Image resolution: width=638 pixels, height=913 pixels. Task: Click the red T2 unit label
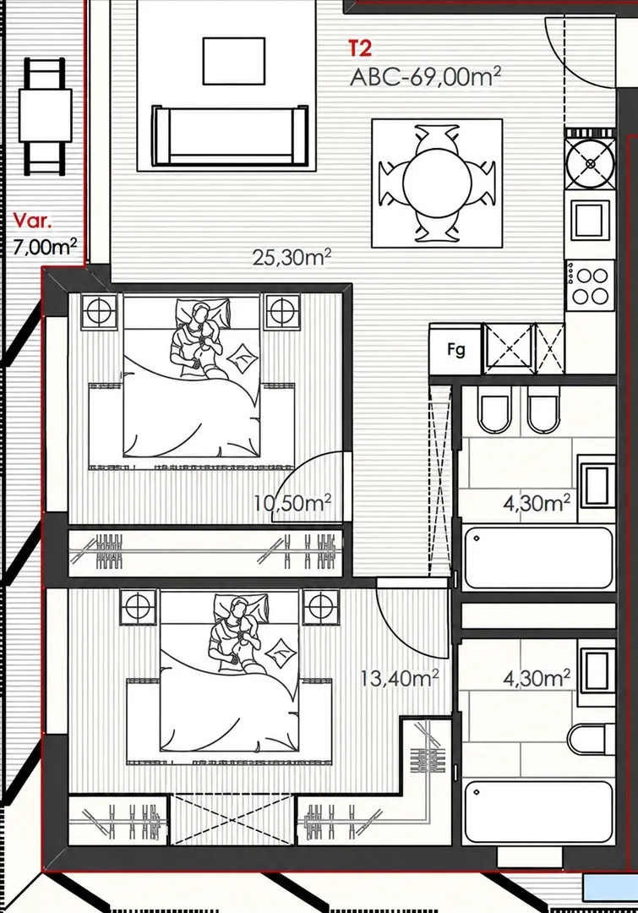point(360,48)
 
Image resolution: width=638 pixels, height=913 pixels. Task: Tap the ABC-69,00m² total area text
point(426,76)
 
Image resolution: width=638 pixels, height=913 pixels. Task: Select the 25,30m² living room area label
point(292,257)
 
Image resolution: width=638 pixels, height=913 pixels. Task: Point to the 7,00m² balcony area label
point(45,246)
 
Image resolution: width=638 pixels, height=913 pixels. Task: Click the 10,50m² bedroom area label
point(293,502)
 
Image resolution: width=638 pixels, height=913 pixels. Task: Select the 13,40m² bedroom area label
point(400,678)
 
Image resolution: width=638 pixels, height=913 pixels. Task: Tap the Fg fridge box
point(455,349)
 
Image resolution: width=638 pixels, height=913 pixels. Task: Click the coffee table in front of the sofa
point(234,61)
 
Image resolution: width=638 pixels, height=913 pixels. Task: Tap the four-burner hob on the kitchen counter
point(591,287)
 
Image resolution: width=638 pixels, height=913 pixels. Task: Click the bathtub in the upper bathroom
point(537,557)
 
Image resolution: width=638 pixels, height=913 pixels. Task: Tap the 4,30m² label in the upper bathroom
point(537,502)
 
